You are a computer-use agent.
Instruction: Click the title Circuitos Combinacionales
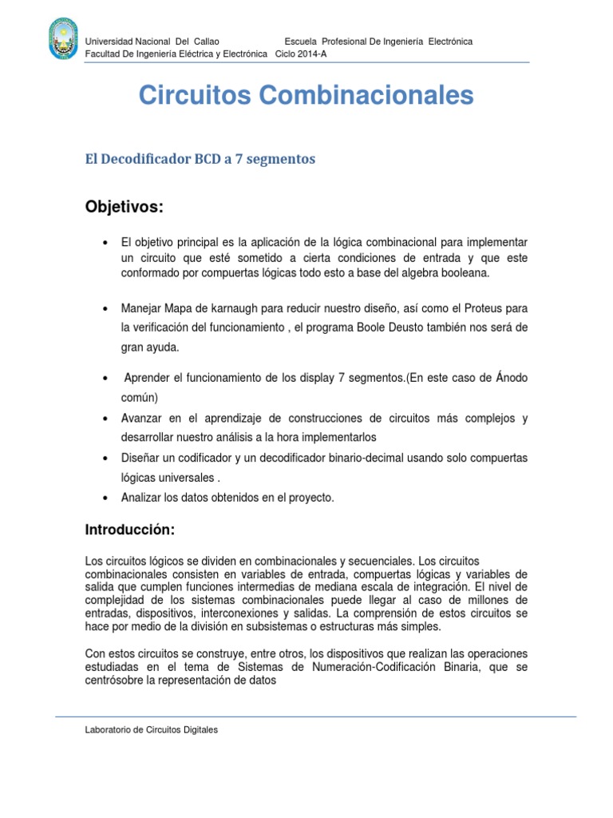306,96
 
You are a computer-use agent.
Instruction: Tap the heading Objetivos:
124,208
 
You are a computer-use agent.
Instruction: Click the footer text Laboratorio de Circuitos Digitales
151,730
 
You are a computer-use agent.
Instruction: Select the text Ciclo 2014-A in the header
301,54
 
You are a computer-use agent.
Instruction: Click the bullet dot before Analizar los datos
105,498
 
